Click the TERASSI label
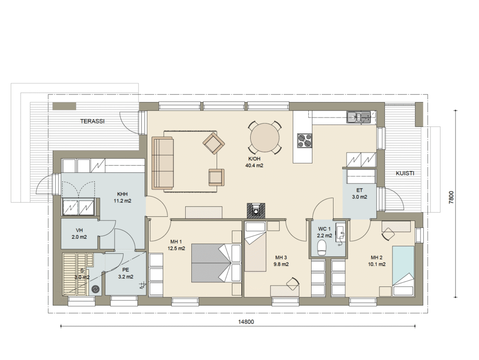pos(92,121)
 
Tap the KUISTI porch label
pos(405,173)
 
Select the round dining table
pos(265,138)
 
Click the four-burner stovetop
pos(305,141)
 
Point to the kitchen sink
pos(358,117)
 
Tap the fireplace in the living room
pos(256,211)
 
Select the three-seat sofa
pos(162,163)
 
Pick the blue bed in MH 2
pos(404,271)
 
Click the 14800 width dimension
pos(246,322)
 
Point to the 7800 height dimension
pos(451,198)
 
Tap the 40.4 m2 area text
pos(254,166)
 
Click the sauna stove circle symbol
pos(95,289)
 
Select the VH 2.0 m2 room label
pos(79,234)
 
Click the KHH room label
pos(122,194)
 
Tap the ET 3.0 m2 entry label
pos(360,193)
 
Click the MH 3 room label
pos(281,257)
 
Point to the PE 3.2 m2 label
pos(125,273)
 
